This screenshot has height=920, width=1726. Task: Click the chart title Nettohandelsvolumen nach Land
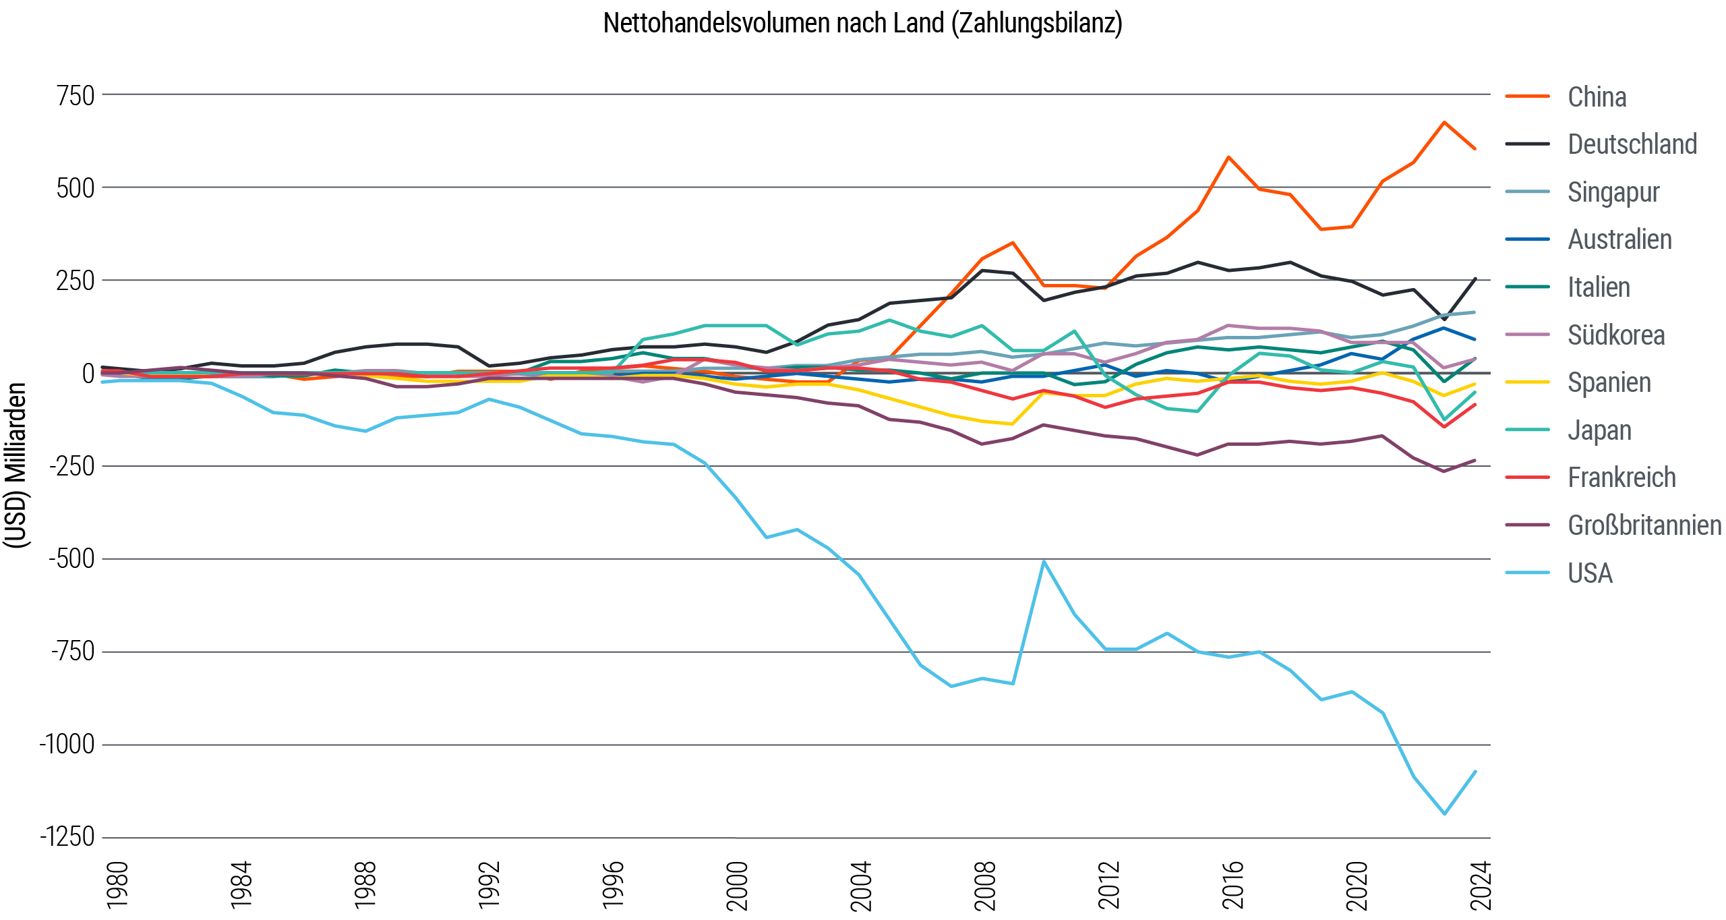(862, 24)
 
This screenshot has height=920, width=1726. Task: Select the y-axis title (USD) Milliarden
(15, 465)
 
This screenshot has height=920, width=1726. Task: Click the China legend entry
(1596, 97)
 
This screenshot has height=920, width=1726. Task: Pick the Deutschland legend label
(1631, 144)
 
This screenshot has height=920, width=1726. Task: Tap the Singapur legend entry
(1612, 192)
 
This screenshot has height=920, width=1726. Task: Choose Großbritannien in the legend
(1644, 525)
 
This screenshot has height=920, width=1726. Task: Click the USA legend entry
(1589, 573)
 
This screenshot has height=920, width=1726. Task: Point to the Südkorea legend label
(1615, 335)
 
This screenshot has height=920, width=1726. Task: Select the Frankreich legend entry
(1621, 478)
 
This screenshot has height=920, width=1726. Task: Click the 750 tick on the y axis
(76, 96)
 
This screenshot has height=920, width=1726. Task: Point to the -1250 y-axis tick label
(67, 837)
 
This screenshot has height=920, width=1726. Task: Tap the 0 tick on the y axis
(88, 374)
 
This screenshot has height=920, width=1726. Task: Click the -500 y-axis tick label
(71, 559)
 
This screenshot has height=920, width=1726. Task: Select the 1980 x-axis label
(117, 885)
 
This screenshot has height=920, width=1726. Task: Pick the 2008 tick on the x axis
(985, 885)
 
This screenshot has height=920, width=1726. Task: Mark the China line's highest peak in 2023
(1444, 122)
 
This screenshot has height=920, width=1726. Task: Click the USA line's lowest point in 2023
(1444, 813)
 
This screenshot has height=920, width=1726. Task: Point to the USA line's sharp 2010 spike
(1044, 561)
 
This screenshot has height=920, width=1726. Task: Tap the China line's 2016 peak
(1228, 157)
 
